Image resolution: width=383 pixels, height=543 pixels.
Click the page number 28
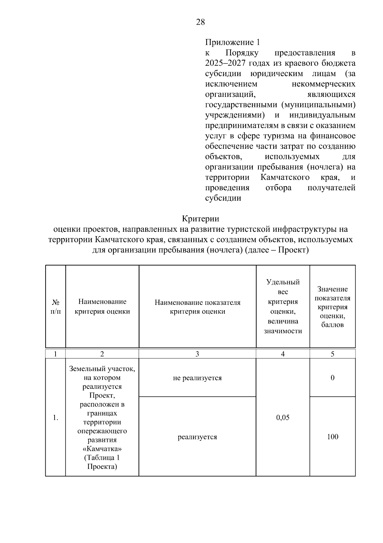point(200,22)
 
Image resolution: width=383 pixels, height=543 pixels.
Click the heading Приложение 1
point(232,42)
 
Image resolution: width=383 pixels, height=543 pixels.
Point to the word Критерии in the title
point(200,219)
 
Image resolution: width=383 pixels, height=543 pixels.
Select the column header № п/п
point(56,306)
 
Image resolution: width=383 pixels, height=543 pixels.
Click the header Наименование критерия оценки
point(102,306)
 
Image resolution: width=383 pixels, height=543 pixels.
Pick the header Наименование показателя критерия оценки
point(197,307)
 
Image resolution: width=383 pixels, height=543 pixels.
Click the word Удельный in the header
point(283,282)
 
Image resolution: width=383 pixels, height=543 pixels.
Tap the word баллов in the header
point(332,325)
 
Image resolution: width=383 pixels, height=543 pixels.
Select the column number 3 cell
point(197,354)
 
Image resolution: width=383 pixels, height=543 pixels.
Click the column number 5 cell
point(332,354)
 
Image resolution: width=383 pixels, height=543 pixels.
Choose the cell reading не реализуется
point(197,378)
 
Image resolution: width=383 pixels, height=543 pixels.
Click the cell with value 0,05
point(283,417)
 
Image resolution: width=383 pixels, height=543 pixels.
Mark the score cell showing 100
point(332,437)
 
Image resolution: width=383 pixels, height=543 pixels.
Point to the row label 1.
point(56,417)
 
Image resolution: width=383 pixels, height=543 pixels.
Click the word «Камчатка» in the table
point(102,449)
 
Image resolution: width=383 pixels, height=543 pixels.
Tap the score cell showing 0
point(332,378)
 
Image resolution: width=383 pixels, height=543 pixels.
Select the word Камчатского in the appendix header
point(285,177)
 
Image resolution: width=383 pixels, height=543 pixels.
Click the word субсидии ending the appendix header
point(223,198)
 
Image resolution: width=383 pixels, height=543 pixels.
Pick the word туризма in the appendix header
point(278,136)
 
